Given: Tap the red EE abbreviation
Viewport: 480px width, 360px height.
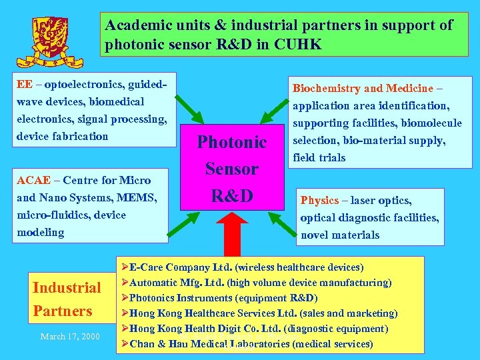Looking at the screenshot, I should click(24, 85).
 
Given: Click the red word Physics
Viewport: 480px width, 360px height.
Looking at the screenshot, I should click(320, 200).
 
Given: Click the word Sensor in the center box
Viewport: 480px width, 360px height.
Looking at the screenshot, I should click(231, 169).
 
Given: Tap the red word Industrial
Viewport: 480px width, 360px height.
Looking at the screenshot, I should click(67, 288).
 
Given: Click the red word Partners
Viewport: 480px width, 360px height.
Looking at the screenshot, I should click(63, 311).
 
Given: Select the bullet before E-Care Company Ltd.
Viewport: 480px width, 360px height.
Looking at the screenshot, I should click(123, 267).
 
